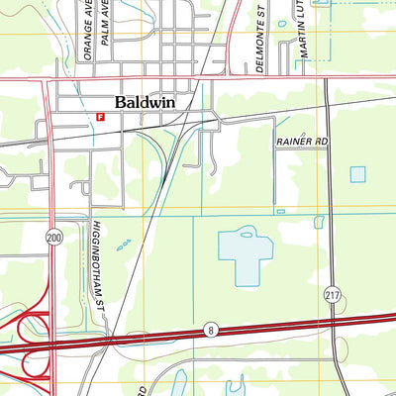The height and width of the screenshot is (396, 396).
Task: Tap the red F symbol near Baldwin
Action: [x=100, y=116]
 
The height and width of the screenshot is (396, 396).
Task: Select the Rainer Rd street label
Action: [x=301, y=143]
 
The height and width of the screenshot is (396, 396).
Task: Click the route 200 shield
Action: [x=52, y=238]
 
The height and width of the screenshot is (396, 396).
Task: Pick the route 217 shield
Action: [x=332, y=294]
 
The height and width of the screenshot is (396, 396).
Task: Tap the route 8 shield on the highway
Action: [x=210, y=329]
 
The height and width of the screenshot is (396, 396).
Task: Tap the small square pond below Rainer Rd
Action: [x=357, y=174]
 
